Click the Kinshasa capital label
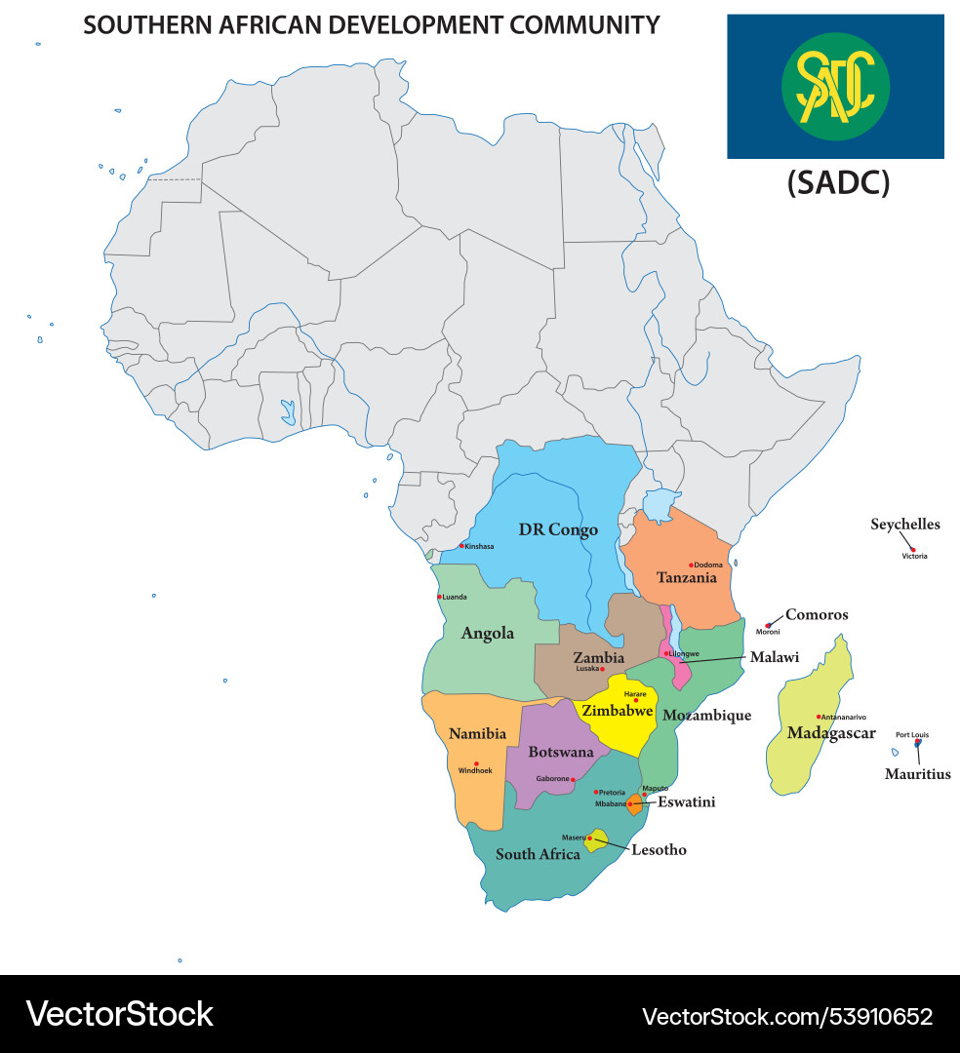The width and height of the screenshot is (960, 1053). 479,547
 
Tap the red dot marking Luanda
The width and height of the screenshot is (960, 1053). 438,597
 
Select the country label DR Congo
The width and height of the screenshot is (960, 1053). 558,529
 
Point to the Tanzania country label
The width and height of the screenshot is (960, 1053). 686,577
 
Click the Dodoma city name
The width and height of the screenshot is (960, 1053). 708,565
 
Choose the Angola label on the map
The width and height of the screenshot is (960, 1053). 487,634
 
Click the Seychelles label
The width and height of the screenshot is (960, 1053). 905,525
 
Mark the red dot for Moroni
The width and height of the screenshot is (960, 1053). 769,625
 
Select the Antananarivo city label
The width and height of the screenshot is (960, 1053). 844,718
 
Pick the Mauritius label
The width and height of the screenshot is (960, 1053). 917,774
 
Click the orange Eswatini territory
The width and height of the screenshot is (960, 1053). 635,804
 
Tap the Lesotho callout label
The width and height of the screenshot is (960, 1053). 659,850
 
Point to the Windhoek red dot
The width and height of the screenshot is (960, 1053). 476,763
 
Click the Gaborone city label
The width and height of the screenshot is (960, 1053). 552,779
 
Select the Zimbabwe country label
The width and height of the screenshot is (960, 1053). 617,711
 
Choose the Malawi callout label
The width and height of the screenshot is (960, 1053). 774,657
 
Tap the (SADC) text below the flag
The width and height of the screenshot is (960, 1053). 838,182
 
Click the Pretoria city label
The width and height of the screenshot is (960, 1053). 612,793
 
